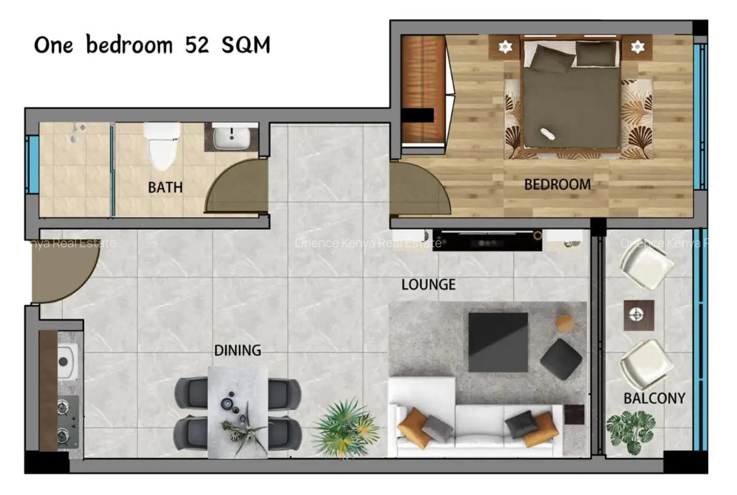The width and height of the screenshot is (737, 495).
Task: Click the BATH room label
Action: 165,188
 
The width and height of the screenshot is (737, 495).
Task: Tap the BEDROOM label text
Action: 557,184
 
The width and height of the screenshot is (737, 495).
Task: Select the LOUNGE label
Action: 428,285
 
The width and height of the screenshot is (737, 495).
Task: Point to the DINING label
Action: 237,350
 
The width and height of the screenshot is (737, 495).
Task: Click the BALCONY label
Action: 654,398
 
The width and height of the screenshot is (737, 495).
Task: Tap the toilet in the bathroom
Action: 162,145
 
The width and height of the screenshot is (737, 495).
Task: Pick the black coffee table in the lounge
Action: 498,342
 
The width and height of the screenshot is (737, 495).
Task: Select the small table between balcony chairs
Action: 638,315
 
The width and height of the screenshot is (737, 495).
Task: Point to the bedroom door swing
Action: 418,189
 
